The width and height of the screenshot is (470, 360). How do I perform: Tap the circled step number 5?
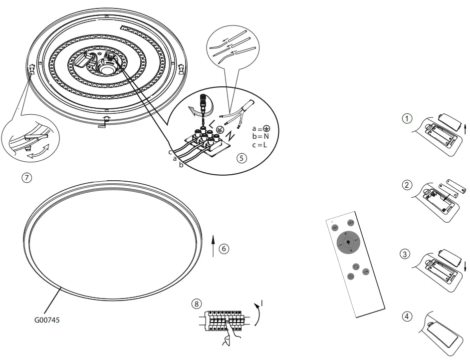pos(241,158)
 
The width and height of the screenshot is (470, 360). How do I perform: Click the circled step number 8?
pos(197,304)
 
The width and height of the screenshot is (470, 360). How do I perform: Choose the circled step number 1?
pos(407,119)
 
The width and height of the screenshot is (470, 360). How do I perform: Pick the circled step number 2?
pos(407,185)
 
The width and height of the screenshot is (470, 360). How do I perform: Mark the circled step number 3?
pos(406,254)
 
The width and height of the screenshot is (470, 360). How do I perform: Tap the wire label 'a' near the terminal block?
pos(175,158)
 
